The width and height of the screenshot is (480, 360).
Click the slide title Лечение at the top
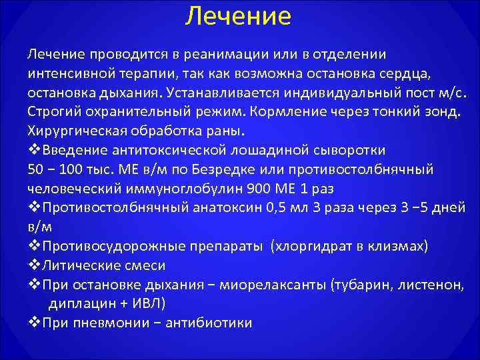(239, 16)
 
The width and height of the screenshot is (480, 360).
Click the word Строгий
(51, 109)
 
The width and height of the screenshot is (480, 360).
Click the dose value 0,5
(280, 207)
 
